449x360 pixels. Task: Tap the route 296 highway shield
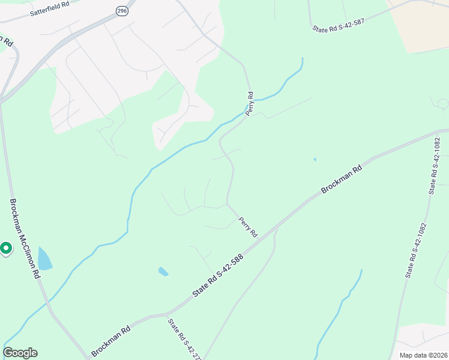tap(122, 10)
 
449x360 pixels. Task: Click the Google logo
tap(20, 353)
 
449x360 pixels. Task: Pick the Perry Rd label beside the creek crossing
tap(251, 103)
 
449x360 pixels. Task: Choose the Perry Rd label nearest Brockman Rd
tap(248, 227)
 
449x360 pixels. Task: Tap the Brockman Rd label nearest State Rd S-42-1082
tap(342, 179)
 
